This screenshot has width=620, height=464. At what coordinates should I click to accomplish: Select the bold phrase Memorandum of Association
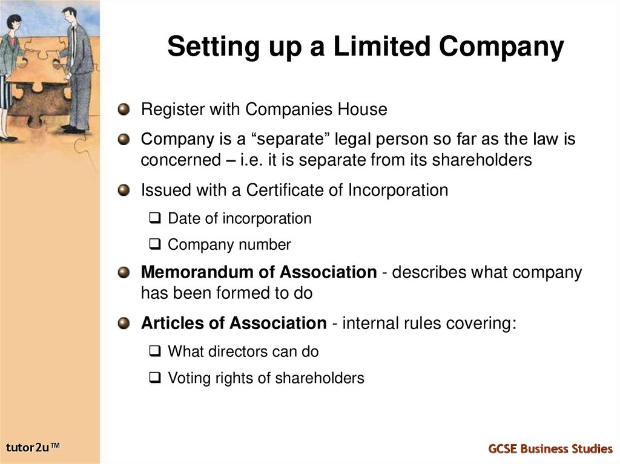(259, 272)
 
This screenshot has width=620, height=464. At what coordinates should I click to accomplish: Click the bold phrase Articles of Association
(233, 323)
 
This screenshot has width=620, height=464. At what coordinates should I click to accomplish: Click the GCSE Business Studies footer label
(550, 448)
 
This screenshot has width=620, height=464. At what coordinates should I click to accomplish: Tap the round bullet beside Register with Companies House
(124, 109)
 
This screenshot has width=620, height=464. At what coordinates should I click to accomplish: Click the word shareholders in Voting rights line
(320, 378)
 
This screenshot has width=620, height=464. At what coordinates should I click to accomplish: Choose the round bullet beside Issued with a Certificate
(124, 191)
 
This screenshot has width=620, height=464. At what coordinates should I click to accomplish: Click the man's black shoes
(73, 129)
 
